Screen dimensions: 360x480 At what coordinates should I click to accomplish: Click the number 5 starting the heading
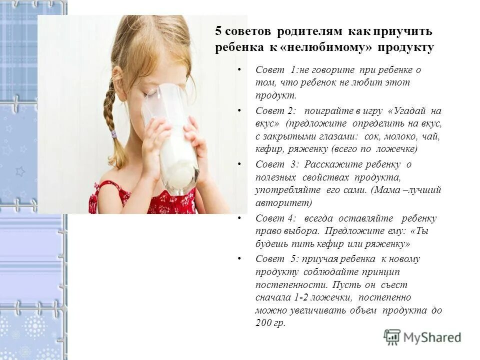(x=218, y=31)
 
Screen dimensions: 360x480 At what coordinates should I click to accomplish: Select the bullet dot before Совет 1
(x=239, y=68)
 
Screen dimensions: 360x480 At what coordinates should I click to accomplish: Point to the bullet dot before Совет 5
(x=239, y=258)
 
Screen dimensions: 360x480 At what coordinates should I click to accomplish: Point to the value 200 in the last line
(x=263, y=323)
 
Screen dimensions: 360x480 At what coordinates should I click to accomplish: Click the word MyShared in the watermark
(x=432, y=337)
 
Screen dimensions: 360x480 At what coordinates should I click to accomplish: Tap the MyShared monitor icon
(x=392, y=337)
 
